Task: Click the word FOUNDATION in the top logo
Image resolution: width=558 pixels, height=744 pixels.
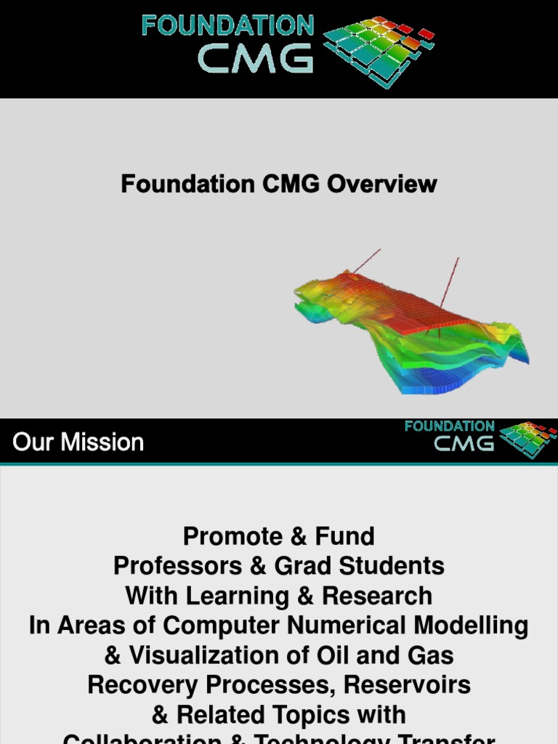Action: coord(227,26)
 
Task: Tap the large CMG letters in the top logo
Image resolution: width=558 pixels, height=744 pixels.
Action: coord(255,59)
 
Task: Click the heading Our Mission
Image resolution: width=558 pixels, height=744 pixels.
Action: coord(78,442)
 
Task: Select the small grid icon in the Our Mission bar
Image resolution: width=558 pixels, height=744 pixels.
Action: coord(527,439)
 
